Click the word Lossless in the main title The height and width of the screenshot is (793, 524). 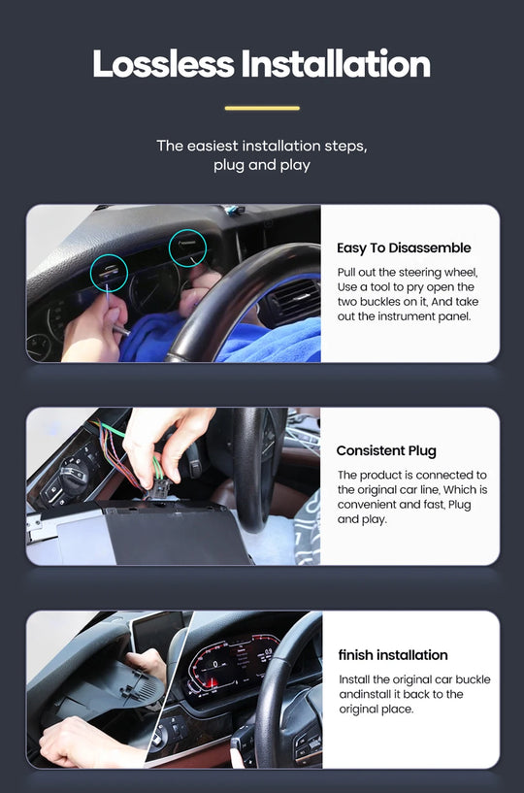pos(163,64)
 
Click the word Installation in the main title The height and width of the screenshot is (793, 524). pos(336,64)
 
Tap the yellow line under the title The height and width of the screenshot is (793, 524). pos(262,108)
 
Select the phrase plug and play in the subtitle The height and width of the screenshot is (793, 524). pos(261,165)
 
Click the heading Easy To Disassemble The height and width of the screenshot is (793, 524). pos(404,248)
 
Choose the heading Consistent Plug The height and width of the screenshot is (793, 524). pos(386,450)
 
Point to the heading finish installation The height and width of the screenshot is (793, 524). pos(393,655)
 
